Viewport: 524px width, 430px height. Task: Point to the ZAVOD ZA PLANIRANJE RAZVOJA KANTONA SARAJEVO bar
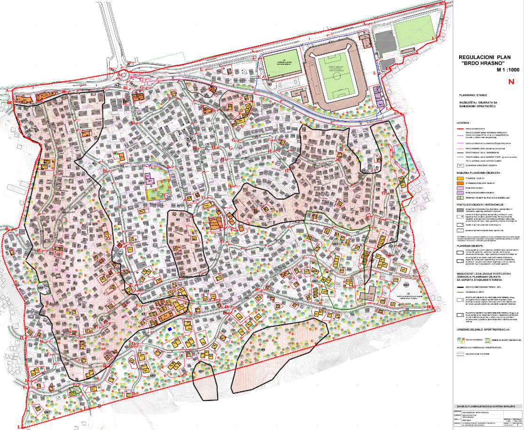pos(485,406)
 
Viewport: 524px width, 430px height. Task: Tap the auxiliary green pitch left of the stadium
pos(281,67)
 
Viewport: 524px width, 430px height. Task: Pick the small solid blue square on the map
pos(170,329)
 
